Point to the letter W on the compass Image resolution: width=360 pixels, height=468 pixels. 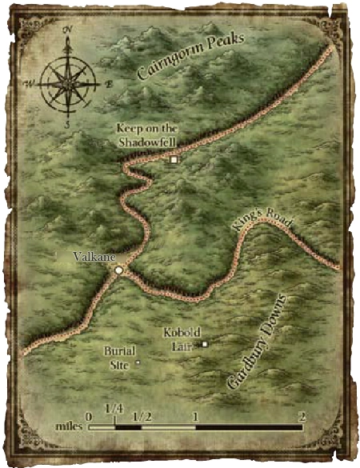[30, 82]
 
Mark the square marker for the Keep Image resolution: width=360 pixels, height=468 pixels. [174, 160]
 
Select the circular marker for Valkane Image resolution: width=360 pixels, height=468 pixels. [118, 271]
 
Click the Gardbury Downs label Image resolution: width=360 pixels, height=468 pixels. [256, 342]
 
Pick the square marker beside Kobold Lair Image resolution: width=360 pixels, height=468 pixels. [205, 345]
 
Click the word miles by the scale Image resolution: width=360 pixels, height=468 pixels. [68, 426]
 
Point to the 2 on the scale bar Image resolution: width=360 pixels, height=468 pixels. [302, 416]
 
